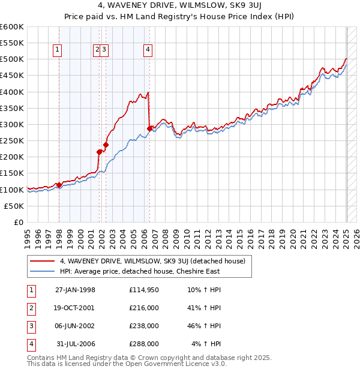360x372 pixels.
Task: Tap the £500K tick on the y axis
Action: pos(12,59)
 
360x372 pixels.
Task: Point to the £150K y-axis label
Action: pos(12,173)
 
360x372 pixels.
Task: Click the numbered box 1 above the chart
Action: pos(58,50)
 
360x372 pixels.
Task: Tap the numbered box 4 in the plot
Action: pos(147,50)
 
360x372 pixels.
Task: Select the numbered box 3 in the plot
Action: pos(104,50)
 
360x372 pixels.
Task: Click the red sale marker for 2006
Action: pos(149,128)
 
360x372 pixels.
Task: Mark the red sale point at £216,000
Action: pos(99,152)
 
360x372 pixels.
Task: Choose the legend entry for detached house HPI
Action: pos(140,271)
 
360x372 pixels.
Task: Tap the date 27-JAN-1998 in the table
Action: pos(75,290)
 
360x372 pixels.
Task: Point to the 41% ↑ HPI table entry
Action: pos(204,308)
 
